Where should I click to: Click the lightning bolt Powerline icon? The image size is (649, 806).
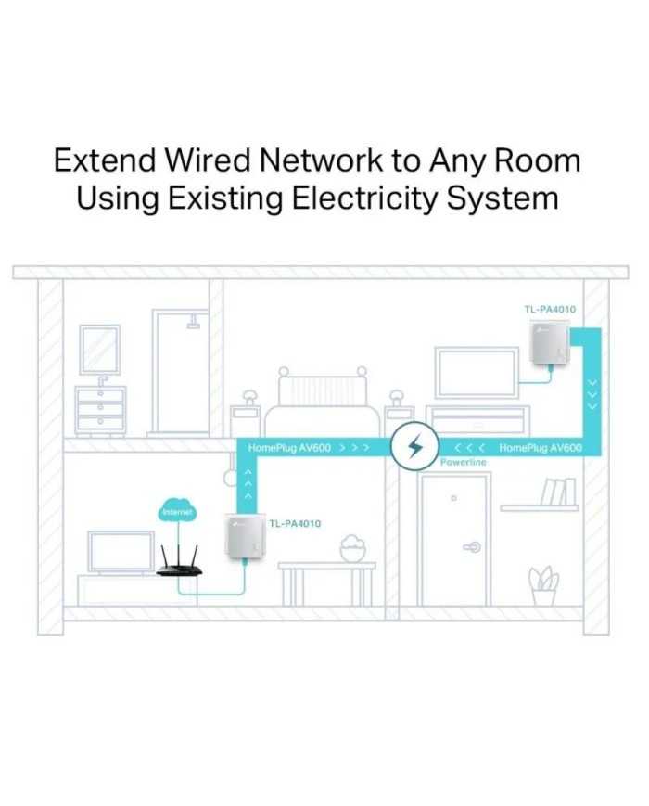click(414, 446)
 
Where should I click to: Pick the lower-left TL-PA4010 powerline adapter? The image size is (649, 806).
click(245, 537)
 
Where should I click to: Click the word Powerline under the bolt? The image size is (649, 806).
click(463, 462)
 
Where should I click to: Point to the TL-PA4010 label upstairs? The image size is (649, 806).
click(550, 310)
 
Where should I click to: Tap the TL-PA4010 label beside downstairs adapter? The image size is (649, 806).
click(295, 523)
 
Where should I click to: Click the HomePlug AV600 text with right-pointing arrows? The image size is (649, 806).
click(309, 448)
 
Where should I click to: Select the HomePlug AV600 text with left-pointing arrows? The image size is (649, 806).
click(518, 448)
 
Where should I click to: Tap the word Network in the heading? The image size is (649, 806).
click(321, 160)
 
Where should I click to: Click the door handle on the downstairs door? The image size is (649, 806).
click(472, 547)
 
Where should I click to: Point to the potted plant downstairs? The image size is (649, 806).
click(543, 586)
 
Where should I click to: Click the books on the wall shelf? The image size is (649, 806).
click(557, 492)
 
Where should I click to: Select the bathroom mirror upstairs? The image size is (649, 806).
click(100, 350)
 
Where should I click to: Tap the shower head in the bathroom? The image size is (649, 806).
click(194, 321)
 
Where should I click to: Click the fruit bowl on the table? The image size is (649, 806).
click(353, 548)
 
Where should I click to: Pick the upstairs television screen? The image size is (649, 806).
click(477, 373)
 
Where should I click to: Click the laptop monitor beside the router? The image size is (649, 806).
click(121, 552)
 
